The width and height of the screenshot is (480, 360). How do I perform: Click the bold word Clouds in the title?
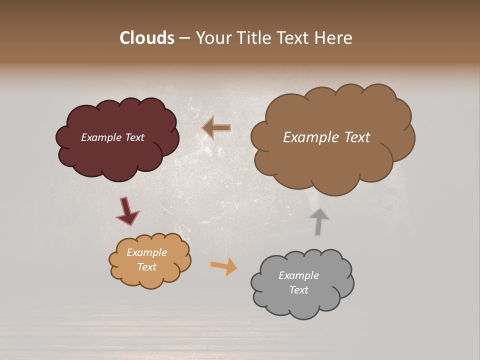click(147, 38)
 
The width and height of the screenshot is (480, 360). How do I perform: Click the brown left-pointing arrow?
click(216, 128)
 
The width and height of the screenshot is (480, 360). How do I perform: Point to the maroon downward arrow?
click(126, 210)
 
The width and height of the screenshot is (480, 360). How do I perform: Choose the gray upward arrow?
click(318, 221)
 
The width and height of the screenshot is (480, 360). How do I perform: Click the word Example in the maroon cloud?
click(101, 137)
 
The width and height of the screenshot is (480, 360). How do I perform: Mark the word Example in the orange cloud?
click(146, 252)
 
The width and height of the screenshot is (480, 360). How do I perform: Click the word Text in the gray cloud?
click(298, 290)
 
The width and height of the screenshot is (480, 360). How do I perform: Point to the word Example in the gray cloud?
click(298, 275)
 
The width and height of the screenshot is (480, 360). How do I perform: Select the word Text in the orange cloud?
click(146, 267)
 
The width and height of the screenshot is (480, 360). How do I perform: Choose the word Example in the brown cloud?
click(308, 137)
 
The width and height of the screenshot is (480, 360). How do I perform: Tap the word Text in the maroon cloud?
click(134, 137)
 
